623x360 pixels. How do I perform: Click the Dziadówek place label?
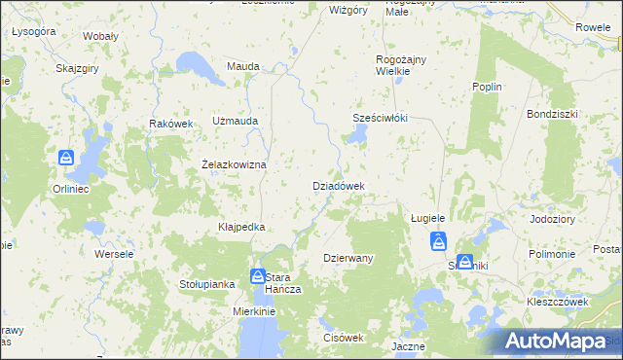pos(338,186)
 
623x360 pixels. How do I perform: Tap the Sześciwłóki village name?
pos(380,119)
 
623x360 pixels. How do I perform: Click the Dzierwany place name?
pos(348,258)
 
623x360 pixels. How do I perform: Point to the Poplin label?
pos(487,88)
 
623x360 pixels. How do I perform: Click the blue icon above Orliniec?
pos(66,158)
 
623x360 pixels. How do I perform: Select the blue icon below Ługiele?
pos(439,241)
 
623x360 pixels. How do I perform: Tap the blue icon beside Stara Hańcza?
pos(258,276)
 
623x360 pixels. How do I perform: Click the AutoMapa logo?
pos(563,341)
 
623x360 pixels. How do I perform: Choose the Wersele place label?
pos(113,254)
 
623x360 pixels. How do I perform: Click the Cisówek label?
pos(343,338)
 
